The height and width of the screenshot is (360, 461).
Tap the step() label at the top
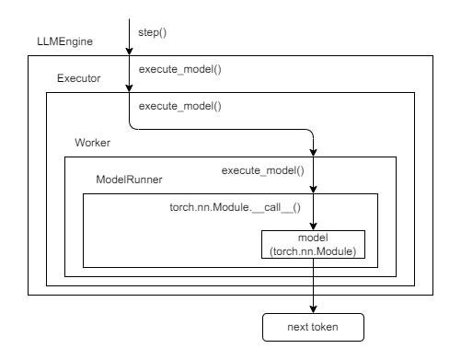tap(154, 33)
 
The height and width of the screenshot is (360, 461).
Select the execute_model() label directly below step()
tap(179, 69)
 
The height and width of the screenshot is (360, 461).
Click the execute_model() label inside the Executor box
tap(179, 106)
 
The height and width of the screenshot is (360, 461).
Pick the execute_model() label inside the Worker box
tap(262, 170)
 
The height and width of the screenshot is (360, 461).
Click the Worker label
tap(93, 145)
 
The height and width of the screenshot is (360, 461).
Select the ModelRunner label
tap(130, 178)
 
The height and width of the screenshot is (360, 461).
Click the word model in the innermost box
tap(313, 238)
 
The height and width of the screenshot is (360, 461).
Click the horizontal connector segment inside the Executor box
tap(221, 129)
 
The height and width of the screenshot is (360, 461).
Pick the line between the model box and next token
tap(314, 285)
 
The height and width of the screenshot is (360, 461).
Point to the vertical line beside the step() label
tap(129, 28)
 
